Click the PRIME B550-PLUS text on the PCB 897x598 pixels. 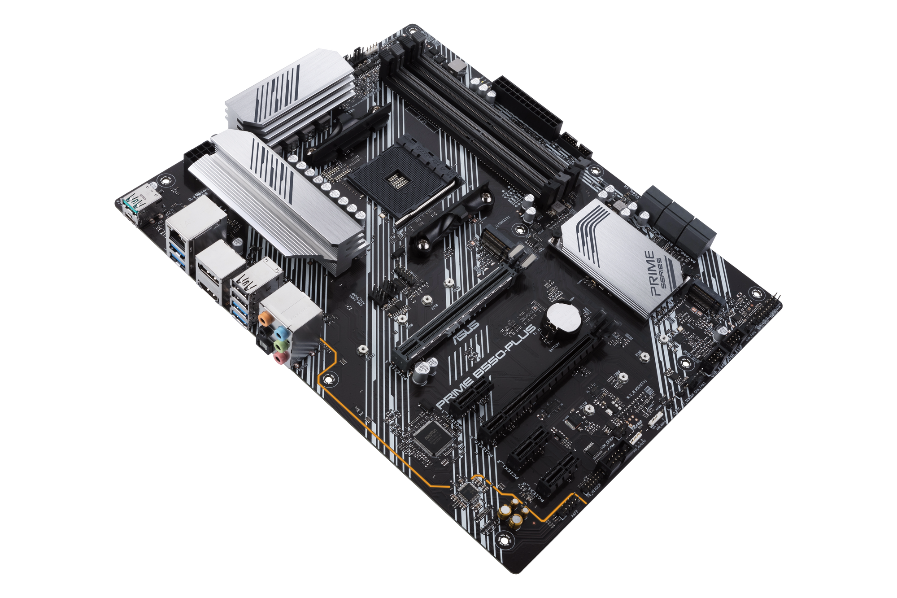coord(484,368)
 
